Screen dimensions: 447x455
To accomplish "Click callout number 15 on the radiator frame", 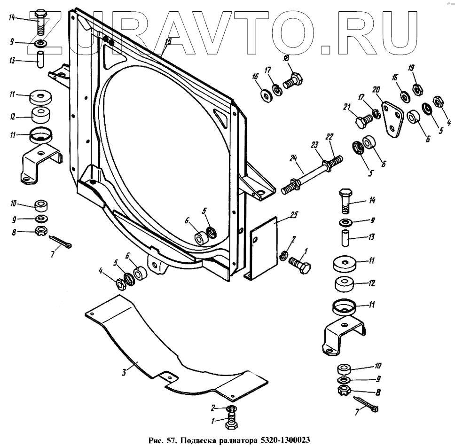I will tap(167, 42).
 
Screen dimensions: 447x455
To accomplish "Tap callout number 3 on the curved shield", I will tap(124, 373).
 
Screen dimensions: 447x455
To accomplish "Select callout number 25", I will tap(294, 215).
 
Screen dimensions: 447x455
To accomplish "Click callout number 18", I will tap(285, 58).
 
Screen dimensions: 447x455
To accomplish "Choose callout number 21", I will tap(348, 108).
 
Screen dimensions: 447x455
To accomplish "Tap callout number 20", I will tap(376, 89).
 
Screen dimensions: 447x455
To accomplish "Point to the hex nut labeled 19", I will tap(416, 88).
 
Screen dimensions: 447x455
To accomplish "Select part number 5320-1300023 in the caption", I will tap(282, 440).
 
